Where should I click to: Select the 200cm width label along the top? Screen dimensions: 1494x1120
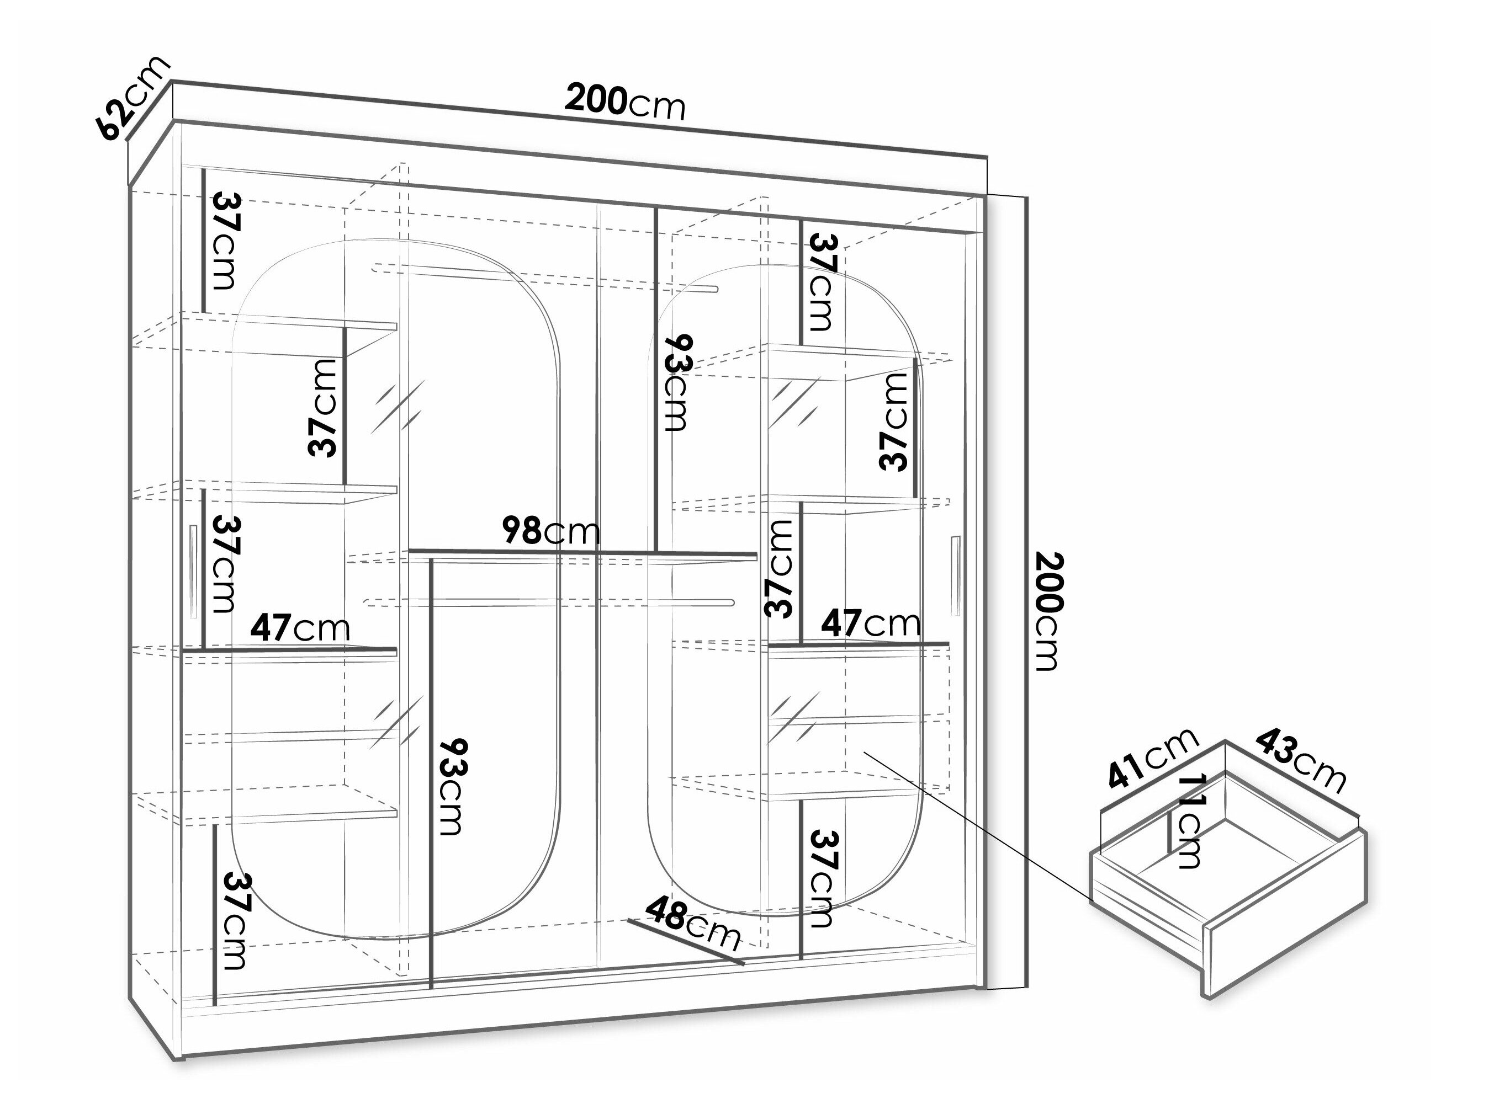625,102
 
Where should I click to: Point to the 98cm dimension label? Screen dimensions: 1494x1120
551,531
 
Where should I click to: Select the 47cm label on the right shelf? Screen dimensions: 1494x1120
871,622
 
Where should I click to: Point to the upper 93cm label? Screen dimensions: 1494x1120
677,382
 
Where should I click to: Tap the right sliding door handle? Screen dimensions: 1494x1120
955,576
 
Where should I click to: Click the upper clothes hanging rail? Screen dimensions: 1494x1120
544,279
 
